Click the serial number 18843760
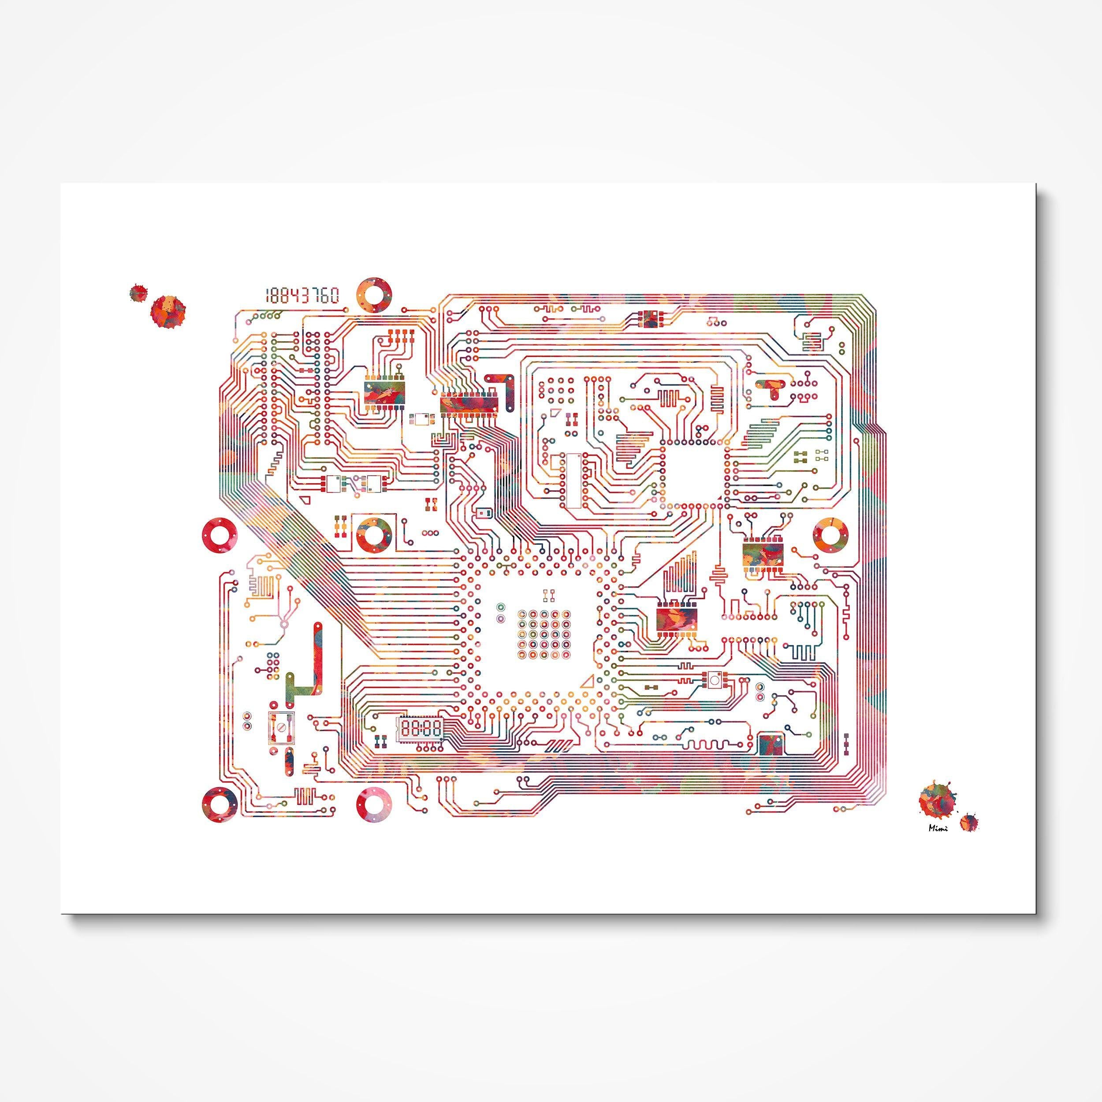pos(302,295)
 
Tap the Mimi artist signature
pos(938,829)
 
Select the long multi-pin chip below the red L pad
pos(469,404)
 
